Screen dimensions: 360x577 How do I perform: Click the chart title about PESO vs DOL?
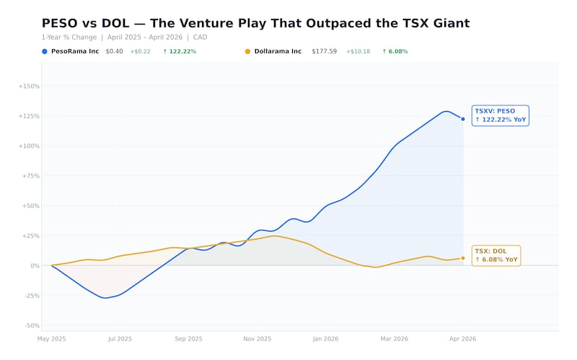(255, 24)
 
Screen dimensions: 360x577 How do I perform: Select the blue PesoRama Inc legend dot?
(45, 51)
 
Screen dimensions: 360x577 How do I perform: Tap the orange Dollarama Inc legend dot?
(248, 51)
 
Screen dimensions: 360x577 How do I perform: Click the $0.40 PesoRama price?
(114, 51)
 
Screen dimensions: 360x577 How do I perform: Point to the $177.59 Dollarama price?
(325, 51)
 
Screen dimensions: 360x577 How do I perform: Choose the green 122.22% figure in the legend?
(180, 51)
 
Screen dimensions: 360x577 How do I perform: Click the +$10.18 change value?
(358, 51)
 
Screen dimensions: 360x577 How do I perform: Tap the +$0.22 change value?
(140, 51)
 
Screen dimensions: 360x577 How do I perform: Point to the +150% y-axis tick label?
(30, 86)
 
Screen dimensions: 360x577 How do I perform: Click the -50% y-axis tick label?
(31, 325)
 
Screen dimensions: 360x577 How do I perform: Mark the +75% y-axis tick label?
(30, 176)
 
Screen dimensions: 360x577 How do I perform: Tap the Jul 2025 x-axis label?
(120, 338)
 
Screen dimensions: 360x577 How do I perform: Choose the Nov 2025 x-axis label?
(257, 338)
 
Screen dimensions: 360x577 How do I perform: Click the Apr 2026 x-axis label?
(463, 338)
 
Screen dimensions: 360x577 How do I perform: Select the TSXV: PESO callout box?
(501, 115)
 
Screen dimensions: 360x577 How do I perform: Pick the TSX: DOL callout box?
(496, 255)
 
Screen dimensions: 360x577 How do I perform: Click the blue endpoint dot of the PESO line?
(463, 119)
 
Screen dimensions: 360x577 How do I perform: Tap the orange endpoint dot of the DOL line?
(463, 258)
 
